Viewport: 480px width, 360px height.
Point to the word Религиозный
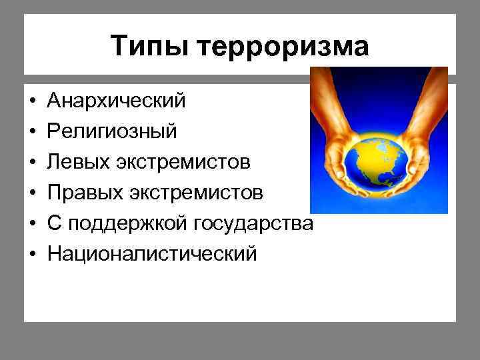click(x=111, y=131)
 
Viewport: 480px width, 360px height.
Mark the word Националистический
click(x=151, y=254)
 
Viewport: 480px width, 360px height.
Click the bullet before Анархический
click(x=32, y=101)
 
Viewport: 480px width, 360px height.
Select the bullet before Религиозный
click(x=32, y=132)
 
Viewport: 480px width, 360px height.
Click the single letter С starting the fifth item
click(x=53, y=223)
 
